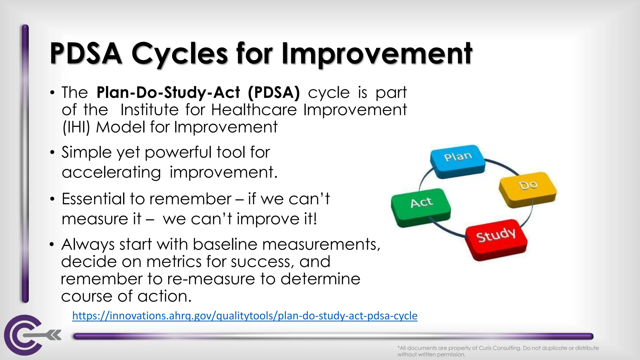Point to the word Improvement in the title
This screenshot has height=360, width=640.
point(377,54)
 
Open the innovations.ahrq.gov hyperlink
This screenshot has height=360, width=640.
point(245,316)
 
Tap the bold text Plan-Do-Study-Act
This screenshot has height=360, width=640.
point(168,92)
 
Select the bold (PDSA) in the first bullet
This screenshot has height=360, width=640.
point(274,92)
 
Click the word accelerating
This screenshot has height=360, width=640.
point(111,172)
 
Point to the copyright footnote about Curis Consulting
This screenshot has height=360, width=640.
point(498,351)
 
